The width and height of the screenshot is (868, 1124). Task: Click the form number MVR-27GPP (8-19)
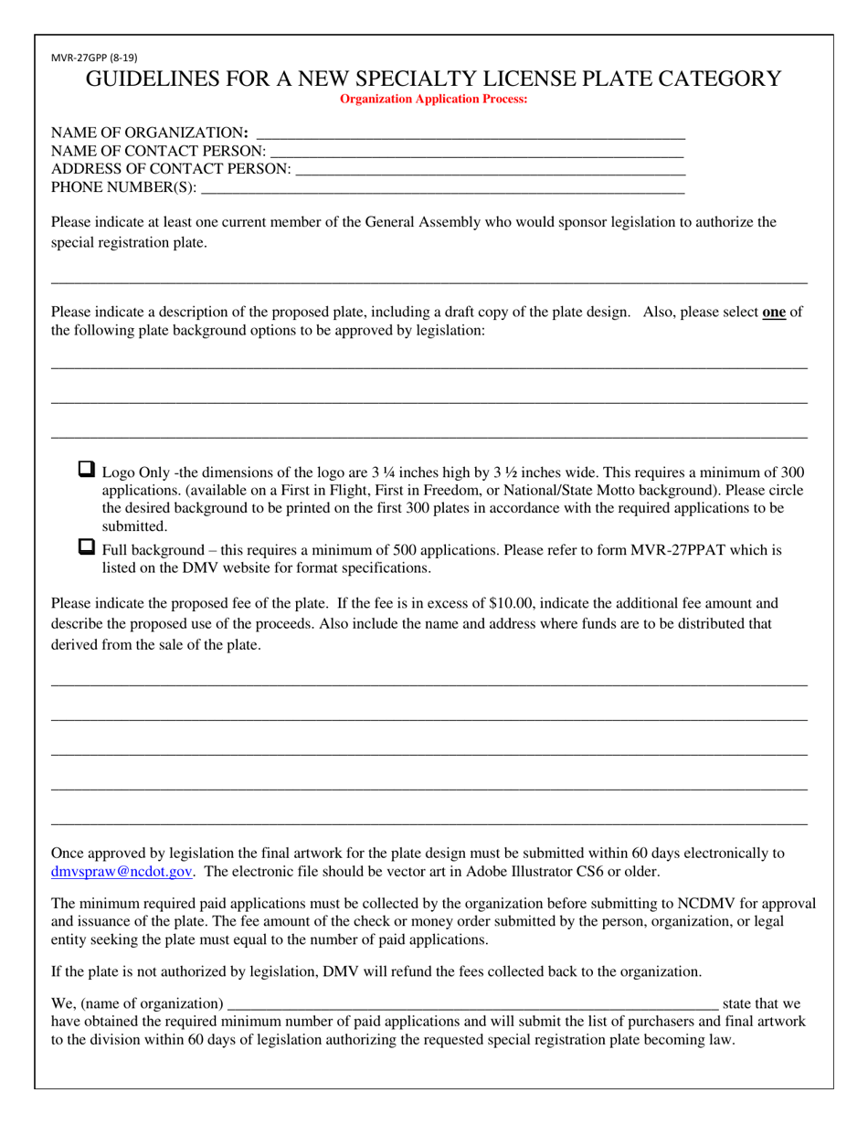pos(95,57)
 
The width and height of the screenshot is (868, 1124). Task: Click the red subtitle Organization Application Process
pos(433,99)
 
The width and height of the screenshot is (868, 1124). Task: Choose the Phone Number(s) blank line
pos(441,187)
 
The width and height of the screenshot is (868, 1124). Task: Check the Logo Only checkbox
pos(87,471)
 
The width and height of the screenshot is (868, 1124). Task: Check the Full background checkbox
pos(87,547)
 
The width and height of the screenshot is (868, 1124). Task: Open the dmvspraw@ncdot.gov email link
pos(122,872)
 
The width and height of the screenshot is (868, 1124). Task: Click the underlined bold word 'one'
pos(774,312)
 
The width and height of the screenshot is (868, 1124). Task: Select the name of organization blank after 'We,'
pos(471,1004)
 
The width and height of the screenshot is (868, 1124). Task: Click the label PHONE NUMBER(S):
pos(123,187)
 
